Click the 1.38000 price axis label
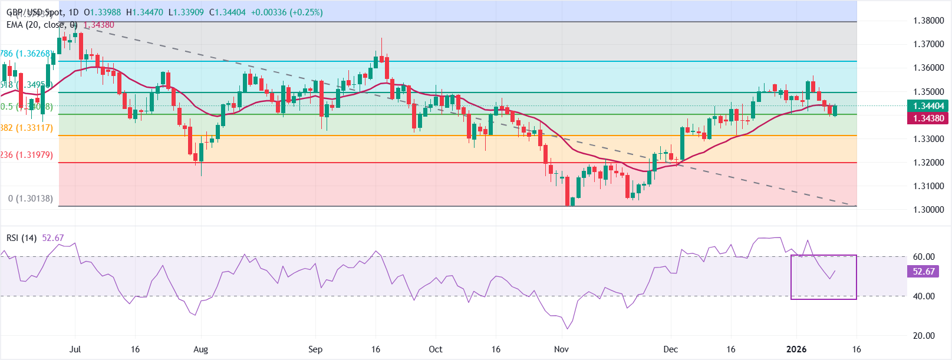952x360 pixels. [928, 21]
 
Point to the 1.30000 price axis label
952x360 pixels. [928, 210]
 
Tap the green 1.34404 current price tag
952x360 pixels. [928, 106]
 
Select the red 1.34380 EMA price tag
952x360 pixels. [928, 118]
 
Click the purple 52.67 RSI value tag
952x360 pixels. [924, 272]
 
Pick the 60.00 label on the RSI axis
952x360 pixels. [924, 257]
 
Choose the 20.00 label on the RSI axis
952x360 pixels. [924, 336]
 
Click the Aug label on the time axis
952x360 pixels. [200, 349]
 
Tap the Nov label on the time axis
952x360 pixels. [561, 349]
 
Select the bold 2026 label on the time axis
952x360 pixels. [796, 349]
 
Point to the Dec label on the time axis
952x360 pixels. [670, 349]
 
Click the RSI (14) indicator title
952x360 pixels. [22, 238]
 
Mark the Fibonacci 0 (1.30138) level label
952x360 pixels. [31, 199]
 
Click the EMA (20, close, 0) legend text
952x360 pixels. [42, 25]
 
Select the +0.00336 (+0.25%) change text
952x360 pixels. [286, 12]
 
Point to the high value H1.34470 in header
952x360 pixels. [144, 12]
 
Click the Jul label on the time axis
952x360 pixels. [75, 349]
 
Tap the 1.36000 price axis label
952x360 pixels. [928, 68]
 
